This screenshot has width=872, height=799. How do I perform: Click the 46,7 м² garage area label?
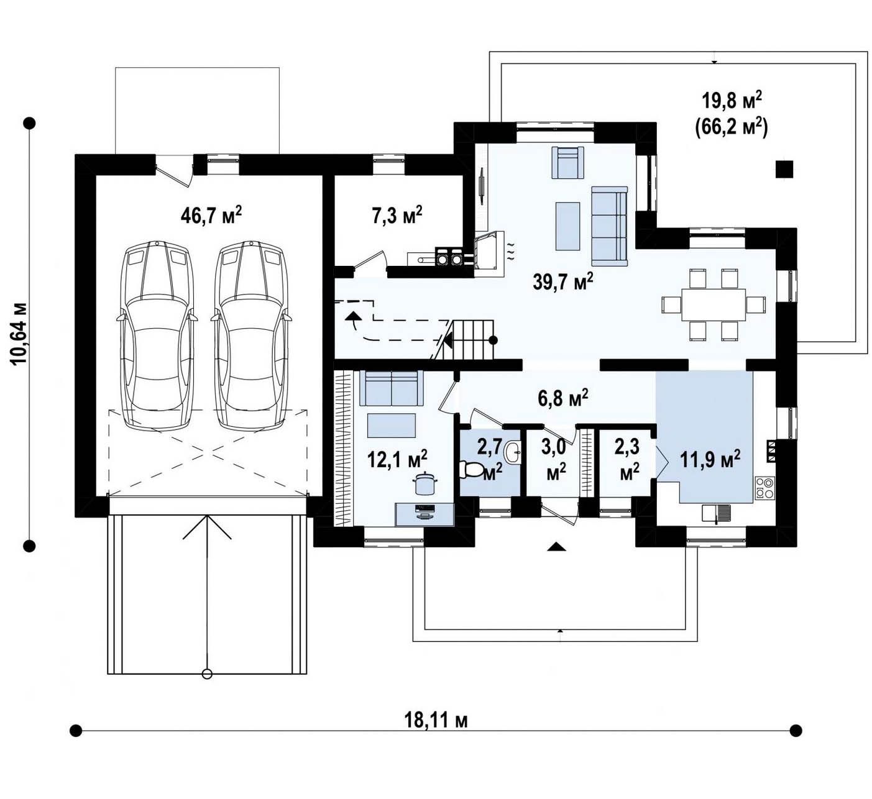point(211,215)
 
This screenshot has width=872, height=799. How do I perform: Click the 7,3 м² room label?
point(397,215)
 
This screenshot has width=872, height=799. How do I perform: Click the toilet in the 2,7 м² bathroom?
point(470,469)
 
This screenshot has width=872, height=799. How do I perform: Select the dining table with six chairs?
point(714,304)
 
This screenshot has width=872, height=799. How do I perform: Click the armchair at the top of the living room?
point(567,163)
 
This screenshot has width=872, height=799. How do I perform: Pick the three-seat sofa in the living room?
point(610,226)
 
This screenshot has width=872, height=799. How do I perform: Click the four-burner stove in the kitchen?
point(764,488)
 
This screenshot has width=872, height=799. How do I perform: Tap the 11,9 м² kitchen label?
point(710,460)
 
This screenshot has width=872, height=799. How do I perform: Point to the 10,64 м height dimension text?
point(19,334)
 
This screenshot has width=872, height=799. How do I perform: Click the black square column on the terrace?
point(784,169)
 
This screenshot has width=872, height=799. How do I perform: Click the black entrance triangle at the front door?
point(558,546)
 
